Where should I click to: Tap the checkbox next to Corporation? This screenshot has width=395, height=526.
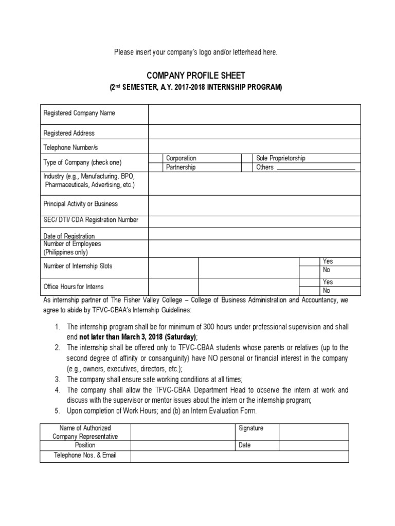[x=156, y=158]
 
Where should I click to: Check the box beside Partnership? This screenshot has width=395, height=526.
[x=156, y=167]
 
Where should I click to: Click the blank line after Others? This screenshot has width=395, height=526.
[x=315, y=167]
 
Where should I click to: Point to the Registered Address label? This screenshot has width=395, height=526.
[x=69, y=133]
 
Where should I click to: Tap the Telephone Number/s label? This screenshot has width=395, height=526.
[x=70, y=147]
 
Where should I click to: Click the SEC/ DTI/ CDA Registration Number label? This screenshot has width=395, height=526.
[x=91, y=220]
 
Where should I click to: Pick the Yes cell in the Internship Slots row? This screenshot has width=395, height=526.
[x=327, y=261]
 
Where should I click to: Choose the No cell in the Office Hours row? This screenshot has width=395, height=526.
[x=326, y=290]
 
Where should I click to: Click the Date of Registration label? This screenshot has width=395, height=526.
[x=69, y=236]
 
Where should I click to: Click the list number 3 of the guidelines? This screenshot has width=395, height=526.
[x=58, y=379]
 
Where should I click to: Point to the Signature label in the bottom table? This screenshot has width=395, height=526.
[x=250, y=428]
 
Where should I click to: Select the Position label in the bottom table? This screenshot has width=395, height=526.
[x=85, y=445]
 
